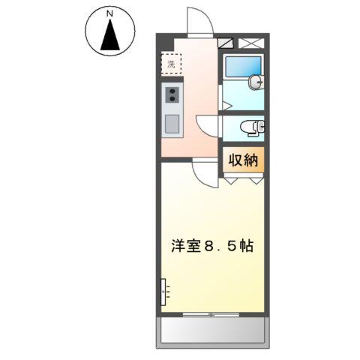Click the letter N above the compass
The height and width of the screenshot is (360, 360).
point(109,13)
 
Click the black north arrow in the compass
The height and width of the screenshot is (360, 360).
point(109,36)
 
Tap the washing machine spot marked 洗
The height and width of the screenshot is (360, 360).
point(171,64)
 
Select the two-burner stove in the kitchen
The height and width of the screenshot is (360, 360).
point(172,95)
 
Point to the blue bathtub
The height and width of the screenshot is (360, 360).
point(242,67)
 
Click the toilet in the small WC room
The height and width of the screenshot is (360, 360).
point(251,128)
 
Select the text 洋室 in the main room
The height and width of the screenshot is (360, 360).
point(185,247)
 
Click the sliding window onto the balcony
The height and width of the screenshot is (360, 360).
point(211,313)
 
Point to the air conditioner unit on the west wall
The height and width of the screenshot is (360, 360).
point(163,291)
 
